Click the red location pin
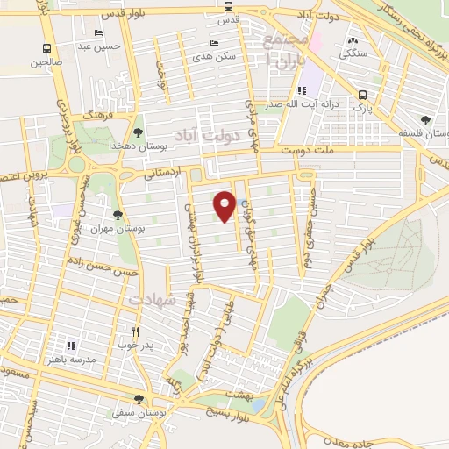coord(224,206)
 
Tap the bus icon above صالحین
coord(46,49)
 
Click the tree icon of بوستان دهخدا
coord(139,132)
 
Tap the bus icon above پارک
coord(361,96)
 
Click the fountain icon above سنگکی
coord(353,40)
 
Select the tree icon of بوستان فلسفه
coord(425,120)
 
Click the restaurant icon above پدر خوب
coord(135,331)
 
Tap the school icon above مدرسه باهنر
coord(74,346)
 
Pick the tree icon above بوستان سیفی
coord(139,399)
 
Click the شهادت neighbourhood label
coord(154,299)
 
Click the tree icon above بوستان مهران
coord(118,213)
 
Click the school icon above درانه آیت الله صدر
coord(303,90)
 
